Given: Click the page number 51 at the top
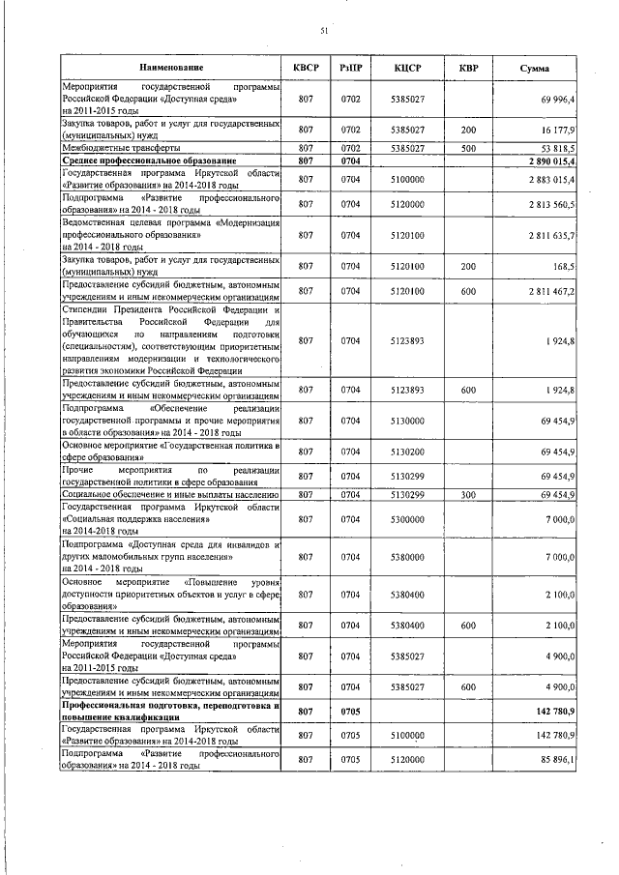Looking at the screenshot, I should point(325,32).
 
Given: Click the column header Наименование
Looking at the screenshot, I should point(170,69).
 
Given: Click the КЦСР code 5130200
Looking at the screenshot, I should point(410,451).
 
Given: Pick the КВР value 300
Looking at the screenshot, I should point(468,494).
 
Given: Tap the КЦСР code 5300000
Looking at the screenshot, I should point(410,519).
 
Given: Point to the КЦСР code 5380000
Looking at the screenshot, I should point(410,557).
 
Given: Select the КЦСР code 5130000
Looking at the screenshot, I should point(410,422).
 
